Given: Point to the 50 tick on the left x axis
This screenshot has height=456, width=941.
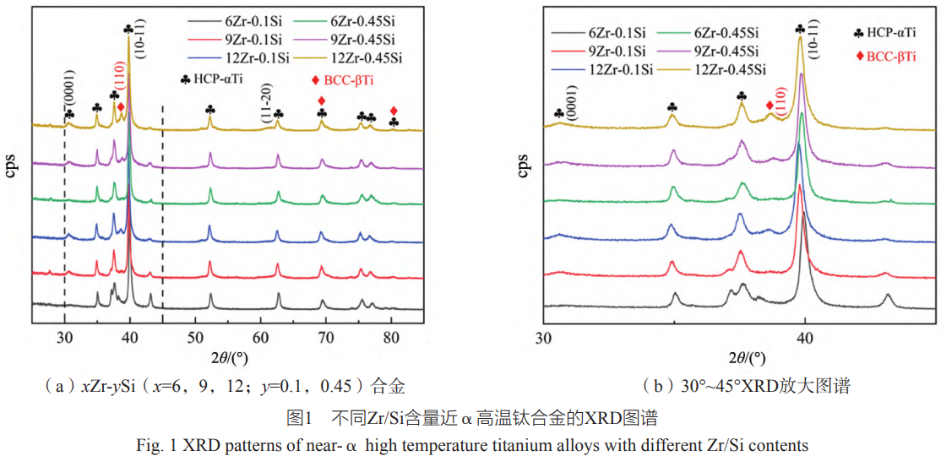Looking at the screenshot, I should pyautogui.click(x=195, y=337).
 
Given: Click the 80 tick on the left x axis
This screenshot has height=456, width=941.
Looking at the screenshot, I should pyautogui.click(x=391, y=337).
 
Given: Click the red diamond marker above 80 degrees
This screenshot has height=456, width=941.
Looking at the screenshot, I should pyautogui.click(x=394, y=111).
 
